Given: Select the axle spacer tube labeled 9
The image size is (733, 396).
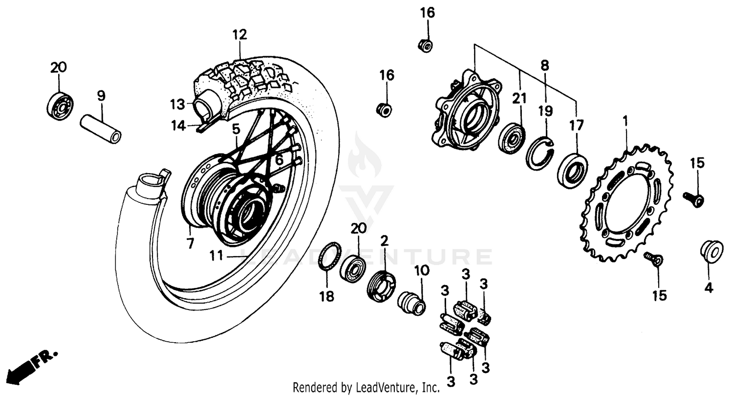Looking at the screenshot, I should (100, 129).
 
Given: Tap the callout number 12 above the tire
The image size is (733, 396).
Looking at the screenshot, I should (239, 35).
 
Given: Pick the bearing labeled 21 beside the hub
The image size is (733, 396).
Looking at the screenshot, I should (511, 138).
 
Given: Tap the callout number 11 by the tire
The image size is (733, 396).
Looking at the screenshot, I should (216, 255).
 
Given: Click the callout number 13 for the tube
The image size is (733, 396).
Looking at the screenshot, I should (177, 104).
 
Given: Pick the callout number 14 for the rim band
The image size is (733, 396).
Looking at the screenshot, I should (178, 126).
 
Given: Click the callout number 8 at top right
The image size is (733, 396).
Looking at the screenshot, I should (545, 66).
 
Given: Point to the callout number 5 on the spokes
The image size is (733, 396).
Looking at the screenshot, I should (236, 129).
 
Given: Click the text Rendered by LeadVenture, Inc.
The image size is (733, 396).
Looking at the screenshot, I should (366, 388).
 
